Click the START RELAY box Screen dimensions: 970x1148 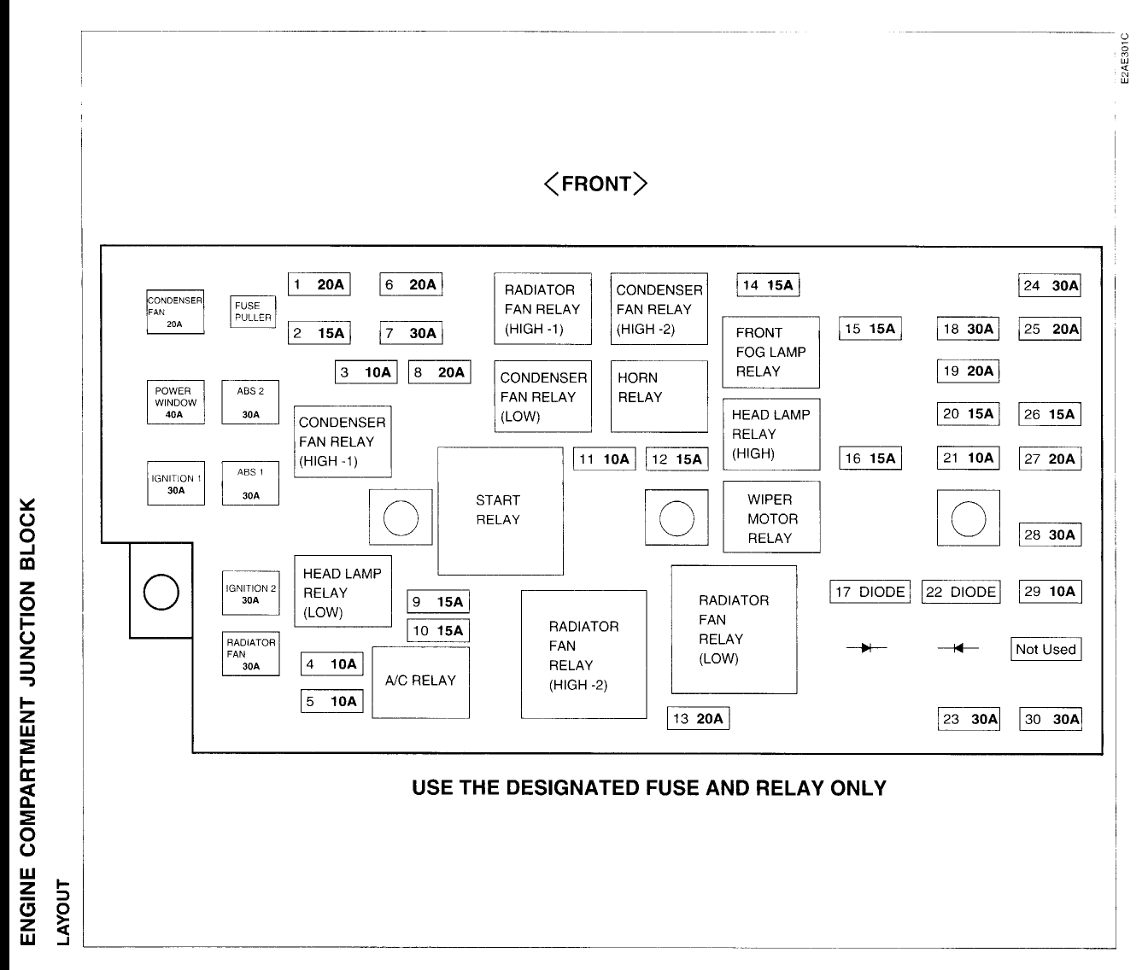pos(500,511)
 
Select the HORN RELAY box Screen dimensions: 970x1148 pos(659,396)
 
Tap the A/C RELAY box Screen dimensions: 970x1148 pos(420,681)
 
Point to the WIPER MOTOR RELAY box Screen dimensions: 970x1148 pos(770,518)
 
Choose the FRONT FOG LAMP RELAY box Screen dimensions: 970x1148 pos(770,352)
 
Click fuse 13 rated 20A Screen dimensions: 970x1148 pos(698,719)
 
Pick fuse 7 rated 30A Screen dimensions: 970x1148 pos(411,333)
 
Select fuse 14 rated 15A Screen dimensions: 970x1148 pos(768,285)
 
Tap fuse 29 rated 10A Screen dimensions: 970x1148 pos(1050,592)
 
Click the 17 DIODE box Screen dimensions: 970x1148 pos(870,592)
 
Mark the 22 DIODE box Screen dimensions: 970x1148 pos(961,592)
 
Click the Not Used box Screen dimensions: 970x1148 pos(1045,649)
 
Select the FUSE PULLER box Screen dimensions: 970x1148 pos(253,312)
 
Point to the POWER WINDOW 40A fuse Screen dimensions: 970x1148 pos(175,402)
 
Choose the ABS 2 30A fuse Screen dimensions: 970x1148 pos(250,402)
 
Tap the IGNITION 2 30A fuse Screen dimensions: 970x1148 pos(250,593)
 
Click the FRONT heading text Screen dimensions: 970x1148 pos(596,184)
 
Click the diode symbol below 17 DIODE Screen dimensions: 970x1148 pos(866,648)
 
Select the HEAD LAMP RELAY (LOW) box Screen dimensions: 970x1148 pos(343,593)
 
